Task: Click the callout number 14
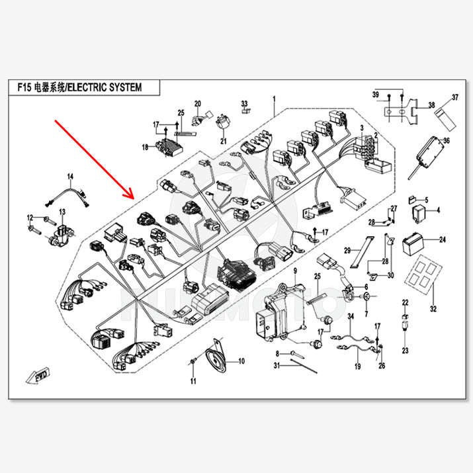pyautogui.click(x=70, y=176)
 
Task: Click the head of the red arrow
pyautogui.click(x=133, y=198)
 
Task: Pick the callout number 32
pyautogui.click(x=433, y=309)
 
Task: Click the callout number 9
pyautogui.click(x=296, y=273)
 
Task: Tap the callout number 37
pyautogui.click(x=454, y=98)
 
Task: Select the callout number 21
pyautogui.click(x=223, y=141)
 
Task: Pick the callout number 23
pyautogui.click(x=406, y=350)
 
